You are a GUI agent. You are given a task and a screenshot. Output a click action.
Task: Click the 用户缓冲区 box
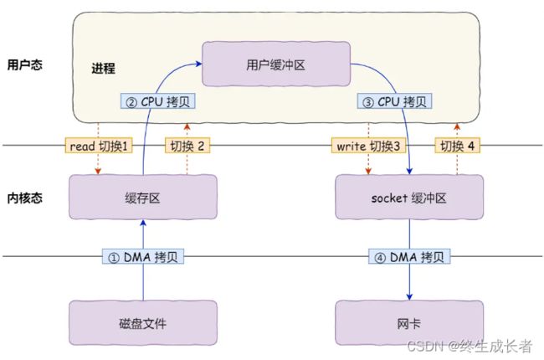click(276, 64)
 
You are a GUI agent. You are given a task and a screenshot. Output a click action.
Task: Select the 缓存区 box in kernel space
click(143, 198)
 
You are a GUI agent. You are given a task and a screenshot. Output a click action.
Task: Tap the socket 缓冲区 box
click(409, 198)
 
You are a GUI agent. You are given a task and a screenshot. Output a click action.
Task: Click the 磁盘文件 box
click(143, 323)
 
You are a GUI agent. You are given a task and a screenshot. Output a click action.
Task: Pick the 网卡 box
click(409, 323)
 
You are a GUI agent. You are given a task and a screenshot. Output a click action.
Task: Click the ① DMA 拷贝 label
click(143, 257)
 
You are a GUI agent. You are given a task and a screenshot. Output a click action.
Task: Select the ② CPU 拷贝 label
click(158, 101)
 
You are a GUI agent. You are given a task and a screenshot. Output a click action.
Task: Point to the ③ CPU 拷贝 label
click(394, 101)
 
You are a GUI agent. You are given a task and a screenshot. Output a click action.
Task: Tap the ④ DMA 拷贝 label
click(409, 257)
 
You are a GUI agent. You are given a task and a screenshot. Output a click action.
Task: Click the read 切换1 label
click(99, 146)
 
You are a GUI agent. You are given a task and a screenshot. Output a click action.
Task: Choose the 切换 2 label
click(187, 146)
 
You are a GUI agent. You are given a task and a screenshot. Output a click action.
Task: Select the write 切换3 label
click(368, 146)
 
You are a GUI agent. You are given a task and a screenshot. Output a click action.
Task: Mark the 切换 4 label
click(457, 146)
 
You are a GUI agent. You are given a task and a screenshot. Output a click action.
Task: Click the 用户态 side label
click(25, 64)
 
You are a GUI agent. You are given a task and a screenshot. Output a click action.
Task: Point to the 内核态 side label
click(25, 198)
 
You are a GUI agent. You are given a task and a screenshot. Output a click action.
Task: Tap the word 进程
click(103, 68)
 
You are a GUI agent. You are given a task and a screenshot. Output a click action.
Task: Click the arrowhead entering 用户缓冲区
click(199, 64)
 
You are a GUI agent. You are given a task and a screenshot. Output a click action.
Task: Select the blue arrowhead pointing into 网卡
click(409, 297)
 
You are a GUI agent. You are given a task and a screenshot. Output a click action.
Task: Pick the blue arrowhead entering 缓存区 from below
click(143, 223)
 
